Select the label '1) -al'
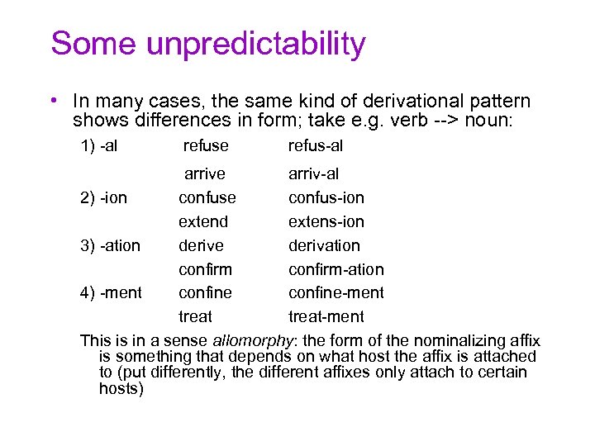tap(98, 146)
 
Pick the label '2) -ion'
tap(103, 198)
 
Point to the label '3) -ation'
tap(110, 245)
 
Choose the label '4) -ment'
tap(111, 292)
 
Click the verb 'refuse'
tap(206, 146)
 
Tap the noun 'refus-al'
tap(316, 146)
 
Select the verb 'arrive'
tap(205, 174)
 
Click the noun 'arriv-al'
tap(313, 174)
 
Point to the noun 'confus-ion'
tap(326, 198)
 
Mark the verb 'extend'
tap(203, 221)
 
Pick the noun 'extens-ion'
tap(326, 221)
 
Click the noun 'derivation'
tap(324, 245)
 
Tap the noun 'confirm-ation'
tap(336, 269)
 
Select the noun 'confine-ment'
tap(336, 292)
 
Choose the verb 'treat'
tap(195, 316)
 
